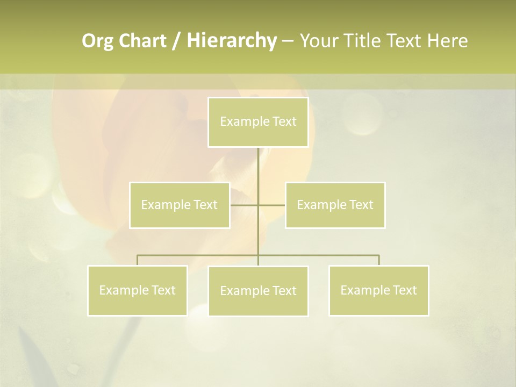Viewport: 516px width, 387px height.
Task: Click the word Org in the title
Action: click(x=97, y=41)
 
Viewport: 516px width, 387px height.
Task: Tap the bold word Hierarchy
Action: click(x=231, y=41)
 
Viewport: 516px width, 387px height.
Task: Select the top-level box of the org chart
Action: click(x=258, y=122)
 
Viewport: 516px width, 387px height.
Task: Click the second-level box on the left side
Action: click(x=180, y=205)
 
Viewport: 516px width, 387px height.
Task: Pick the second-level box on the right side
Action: click(x=335, y=205)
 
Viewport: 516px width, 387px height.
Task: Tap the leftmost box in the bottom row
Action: click(x=138, y=290)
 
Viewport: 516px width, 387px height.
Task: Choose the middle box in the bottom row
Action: click(x=258, y=291)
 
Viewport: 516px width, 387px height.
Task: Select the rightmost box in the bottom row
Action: click(x=379, y=290)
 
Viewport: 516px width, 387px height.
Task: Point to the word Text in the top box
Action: click(x=284, y=121)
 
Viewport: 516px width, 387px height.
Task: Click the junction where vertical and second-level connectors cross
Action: click(x=258, y=205)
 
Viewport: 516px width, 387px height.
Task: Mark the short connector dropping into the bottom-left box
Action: click(x=138, y=260)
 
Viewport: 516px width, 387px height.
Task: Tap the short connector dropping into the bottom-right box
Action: click(x=379, y=260)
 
